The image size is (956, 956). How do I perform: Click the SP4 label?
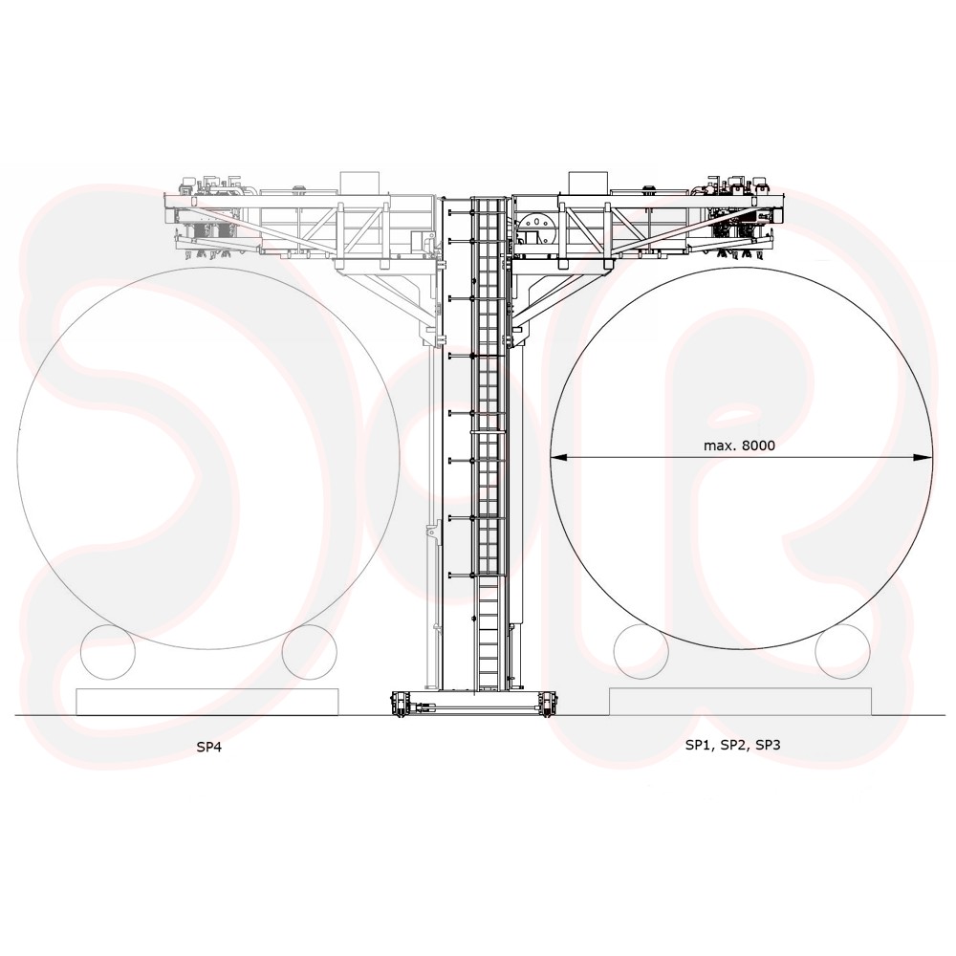coord(208,747)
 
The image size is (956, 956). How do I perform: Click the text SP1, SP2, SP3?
coord(733,745)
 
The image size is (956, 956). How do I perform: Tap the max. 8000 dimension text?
coord(739,445)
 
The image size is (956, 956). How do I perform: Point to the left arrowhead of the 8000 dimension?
coord(559,456)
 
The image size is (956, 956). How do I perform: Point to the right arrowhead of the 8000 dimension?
coord(923,456)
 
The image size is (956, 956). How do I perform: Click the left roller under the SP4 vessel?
coord(107,652)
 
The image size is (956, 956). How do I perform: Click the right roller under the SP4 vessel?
coord(310,652)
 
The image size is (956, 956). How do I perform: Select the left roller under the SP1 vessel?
coord(641,652)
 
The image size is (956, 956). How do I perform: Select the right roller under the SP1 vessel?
coord(843,652)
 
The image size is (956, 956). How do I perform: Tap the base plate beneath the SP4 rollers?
coord(207,701)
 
